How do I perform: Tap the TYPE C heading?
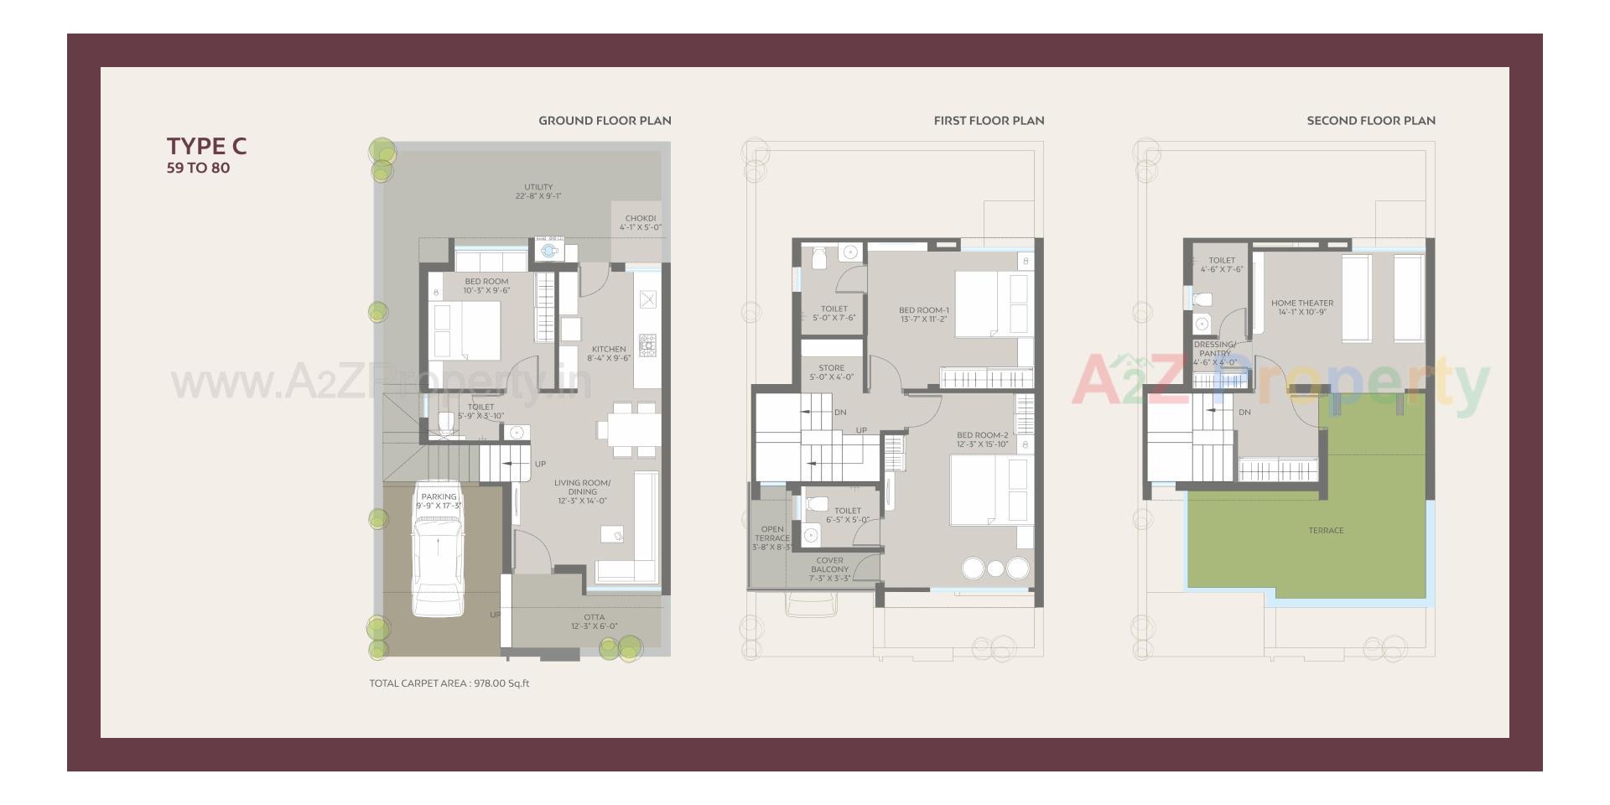[206, 146]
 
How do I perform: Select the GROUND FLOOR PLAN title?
[605, 121]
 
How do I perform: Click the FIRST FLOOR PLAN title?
[989, 121]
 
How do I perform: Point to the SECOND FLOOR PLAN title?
[1370, 121]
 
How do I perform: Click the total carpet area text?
[449, 683]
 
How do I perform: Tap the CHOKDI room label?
[641, 223]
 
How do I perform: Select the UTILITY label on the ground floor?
[538, 191]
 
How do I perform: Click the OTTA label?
[594, 621]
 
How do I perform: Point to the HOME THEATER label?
[1301, 308]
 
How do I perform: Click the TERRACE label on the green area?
[1326, 531]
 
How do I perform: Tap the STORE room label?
[831, 372]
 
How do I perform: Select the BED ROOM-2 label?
[982, 439]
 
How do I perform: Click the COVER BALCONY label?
[829, 569]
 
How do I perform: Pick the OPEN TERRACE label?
[771, 538]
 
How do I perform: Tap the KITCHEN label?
[609, 353]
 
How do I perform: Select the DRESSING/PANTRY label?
[1214, 353]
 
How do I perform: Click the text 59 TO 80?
[198, 168]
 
